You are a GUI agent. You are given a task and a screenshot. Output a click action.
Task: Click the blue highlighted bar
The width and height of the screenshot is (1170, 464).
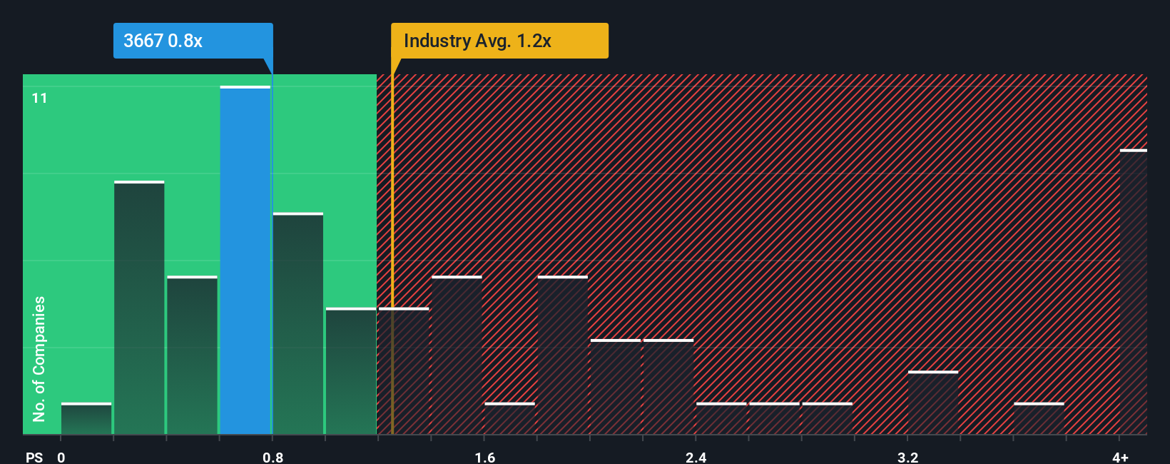[245, 261]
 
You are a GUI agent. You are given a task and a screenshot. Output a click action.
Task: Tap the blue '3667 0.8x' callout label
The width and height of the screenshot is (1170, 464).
[193, 41]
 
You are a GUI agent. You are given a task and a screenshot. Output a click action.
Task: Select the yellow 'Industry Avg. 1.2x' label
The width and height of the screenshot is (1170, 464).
[499, 41]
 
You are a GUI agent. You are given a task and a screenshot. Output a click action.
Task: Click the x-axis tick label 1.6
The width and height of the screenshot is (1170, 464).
[485, 457]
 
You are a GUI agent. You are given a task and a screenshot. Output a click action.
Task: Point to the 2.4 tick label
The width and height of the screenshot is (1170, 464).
[696, 457]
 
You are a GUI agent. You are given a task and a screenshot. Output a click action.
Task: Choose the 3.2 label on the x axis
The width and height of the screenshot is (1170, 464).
[907, 457]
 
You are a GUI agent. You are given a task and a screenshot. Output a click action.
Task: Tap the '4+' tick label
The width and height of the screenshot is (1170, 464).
[1120, 457]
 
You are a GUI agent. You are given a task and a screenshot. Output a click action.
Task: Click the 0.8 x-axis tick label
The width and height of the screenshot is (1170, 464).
[273, 457]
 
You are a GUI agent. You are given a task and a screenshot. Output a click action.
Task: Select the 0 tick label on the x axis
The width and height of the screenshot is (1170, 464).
[61, 457]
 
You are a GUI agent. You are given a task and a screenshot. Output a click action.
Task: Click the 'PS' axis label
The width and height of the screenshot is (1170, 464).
[34, 457]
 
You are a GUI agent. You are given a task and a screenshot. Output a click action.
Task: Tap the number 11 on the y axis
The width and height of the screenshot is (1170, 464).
[40, 99]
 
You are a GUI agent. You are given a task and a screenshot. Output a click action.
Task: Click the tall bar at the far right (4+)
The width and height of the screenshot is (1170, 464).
[1133, 293]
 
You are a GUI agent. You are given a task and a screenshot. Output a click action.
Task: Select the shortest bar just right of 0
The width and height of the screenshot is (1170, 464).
[86, 419]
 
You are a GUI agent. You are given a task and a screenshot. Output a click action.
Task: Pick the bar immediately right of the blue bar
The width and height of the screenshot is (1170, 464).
[298, 324]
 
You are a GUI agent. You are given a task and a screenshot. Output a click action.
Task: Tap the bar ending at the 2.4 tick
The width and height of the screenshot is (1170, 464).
[668, 387]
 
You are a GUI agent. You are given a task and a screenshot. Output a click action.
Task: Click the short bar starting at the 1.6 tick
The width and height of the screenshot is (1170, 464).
[509, 419]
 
